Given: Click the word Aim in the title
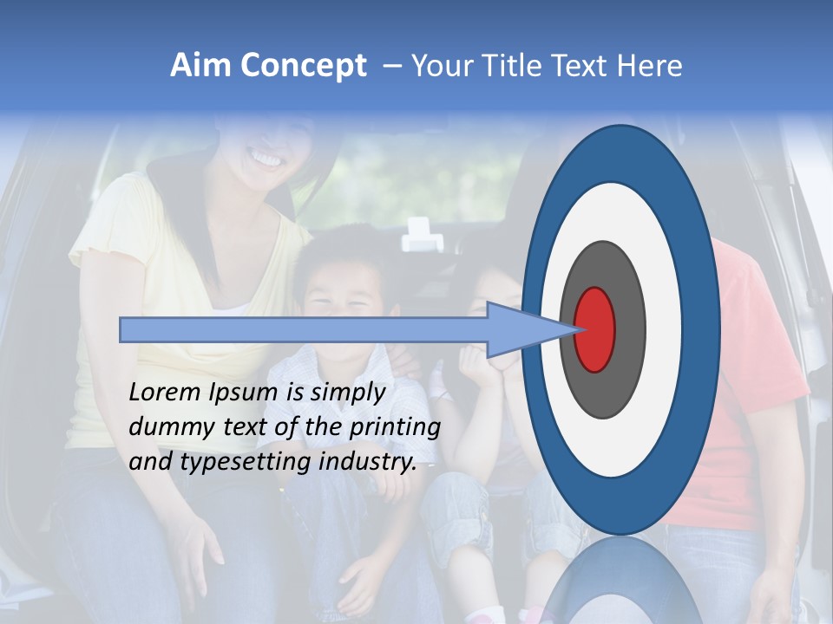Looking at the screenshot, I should click(200, 66).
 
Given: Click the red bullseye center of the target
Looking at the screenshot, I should click(595, 329).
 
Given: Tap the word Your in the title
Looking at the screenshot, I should click(440, 66).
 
